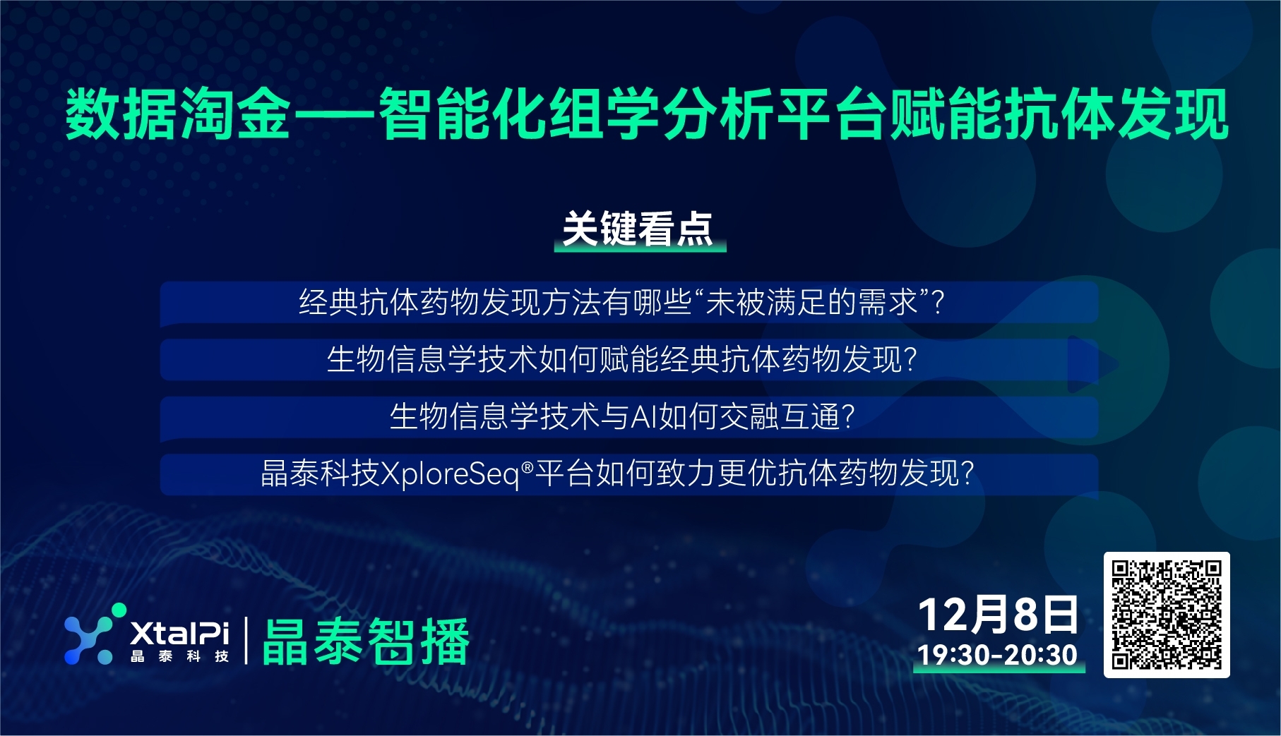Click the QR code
point(1167,615)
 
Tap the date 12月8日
point(999,615)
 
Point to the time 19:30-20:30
point(997,655)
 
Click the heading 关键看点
point(638,229)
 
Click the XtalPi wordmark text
point(180,632)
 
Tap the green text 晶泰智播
point(366,641)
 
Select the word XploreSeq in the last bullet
point(451,473)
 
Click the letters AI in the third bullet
point(644,416)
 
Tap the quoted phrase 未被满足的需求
point(811,302)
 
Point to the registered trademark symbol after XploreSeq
point(527,466)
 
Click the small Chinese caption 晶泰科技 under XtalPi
point(180,656)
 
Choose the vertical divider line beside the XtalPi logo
point(246,641)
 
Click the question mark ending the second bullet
point(910,360)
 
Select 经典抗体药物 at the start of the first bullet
point(388,302)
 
